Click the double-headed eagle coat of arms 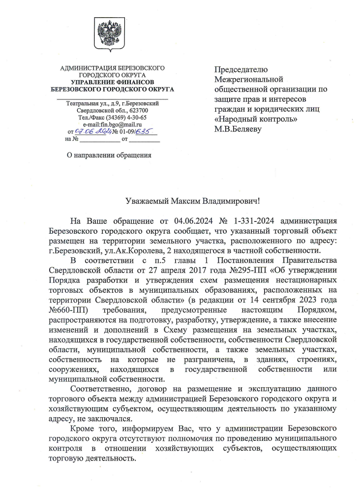(112, 34)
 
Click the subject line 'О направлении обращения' (109, 155)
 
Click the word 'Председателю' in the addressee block (240, 69)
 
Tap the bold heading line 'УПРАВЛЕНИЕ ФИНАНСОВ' (112, 82)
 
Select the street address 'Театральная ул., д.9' (93, 104)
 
